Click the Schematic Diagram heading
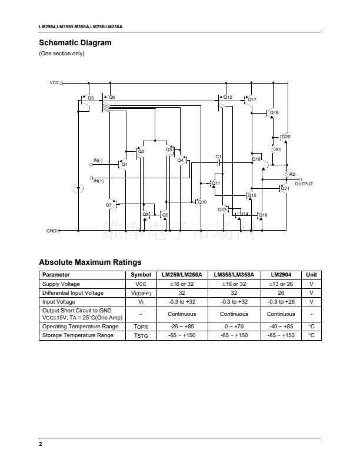pos(75,42)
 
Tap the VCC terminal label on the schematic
pos(54,84)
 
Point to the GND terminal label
pos(51,231)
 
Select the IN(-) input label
pos(98,160)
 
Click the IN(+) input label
pos(98,181)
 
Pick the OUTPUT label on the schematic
pos(304,184)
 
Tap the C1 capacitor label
pos(218,157)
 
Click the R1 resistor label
pos(278,149)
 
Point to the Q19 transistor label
pos(274,112)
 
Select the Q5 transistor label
pos(91,97)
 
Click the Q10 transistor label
pos(202,202)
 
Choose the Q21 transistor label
pos(285,188)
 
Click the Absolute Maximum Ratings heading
pos(90,262)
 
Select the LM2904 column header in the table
pos(279,275)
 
